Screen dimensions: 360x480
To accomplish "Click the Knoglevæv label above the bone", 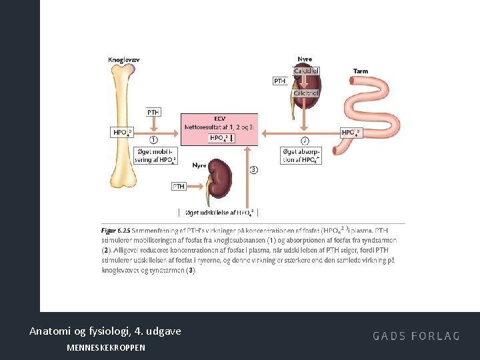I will click(x=125, y=60).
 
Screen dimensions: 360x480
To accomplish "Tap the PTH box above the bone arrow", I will click(x=153, y=113).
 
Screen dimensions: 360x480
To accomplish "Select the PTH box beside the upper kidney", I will click(x=281, y=81).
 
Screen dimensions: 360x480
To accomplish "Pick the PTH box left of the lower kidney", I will click(x=179, y=187).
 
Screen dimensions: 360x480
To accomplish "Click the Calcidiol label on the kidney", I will click(x=306, y=71).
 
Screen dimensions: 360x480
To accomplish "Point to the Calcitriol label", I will click(x=306, y=93).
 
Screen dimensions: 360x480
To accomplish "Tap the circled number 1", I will click(x=153, y=140).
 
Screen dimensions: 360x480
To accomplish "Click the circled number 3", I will click(x=253, y=170).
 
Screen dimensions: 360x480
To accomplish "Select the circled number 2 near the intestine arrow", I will click(x=305, y=141).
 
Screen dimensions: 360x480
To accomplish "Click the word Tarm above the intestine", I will click(x=361, y=71).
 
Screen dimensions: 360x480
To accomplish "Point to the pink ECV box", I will click(x=219, y=129).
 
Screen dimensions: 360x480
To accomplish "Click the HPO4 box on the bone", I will click(x=123, y=133).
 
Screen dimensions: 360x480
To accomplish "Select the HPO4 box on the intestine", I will click(x=351, y=133).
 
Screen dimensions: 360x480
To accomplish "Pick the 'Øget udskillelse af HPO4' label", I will click(x=219, y=213).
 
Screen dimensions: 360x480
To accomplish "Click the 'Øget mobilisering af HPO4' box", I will click(x=155, y=155).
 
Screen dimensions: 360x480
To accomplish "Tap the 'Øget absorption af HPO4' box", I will click(x=301, y=155).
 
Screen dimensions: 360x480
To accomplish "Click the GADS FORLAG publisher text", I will click(x=416, y=336).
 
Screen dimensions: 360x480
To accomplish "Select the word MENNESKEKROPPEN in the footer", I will click(x=106, y=348).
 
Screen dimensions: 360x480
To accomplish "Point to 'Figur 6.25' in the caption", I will click(x=115, y=230).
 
